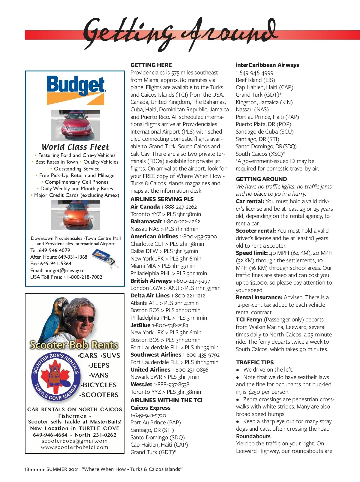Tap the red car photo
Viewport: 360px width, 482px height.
pos(75,125)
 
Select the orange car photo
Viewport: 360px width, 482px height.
pos(75,215)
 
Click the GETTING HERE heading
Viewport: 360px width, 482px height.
pos(151,65)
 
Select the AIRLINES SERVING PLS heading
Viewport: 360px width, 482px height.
pos(162,199)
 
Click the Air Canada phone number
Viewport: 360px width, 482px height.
pos(179,207)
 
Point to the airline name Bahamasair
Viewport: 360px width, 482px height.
pos(146,221)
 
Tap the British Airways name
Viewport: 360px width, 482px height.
pos(151,281)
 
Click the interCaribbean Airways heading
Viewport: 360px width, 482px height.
pos(267,65)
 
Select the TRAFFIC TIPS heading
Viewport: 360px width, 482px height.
pos(255,362)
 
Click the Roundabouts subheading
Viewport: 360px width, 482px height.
pos(253,436)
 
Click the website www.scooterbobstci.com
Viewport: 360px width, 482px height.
pos(74,447)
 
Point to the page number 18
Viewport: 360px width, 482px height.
pos(27,469)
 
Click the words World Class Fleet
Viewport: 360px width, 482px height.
pos(75,147)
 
